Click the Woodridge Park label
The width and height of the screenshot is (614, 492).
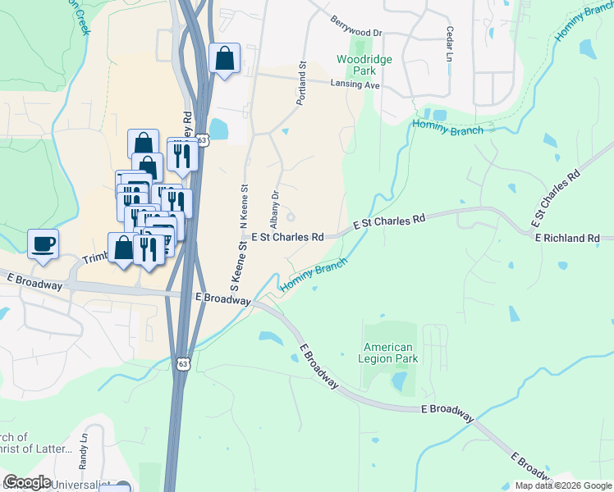pos(364,66)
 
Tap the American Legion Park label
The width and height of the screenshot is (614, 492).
pos(391,353)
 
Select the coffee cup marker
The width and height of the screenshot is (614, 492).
pos(43,244)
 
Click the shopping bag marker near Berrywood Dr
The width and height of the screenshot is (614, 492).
pos(224,60)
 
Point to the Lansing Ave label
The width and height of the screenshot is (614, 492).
pos(355,84)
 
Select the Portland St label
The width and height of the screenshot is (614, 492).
pos(302,81)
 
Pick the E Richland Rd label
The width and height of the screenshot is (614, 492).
pos(567,238)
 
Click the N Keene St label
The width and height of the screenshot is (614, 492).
pos(244,206)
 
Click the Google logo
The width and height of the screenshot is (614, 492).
pos(26,482)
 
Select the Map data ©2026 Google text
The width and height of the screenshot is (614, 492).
pos(564,485)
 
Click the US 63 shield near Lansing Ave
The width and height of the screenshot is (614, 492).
pos(202,141)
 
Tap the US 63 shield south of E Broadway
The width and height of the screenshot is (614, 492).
pos(182,362)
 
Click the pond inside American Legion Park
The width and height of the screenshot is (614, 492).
pos(400,381)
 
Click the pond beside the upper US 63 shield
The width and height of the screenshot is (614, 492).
pos(219,129)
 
